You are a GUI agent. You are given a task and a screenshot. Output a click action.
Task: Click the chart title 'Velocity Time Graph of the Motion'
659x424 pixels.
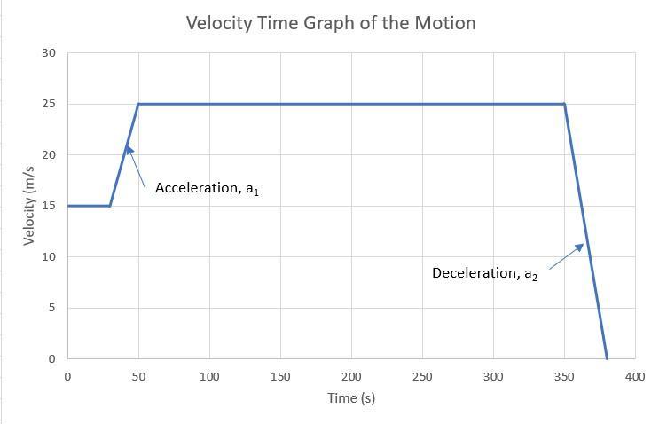[331, 23]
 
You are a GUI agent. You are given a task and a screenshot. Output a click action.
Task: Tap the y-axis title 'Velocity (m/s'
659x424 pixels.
[29, 207]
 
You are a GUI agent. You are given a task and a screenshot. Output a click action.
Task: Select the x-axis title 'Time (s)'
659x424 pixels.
[351, 397]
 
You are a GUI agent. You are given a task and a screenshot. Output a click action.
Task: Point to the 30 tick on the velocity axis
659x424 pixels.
[49, 53]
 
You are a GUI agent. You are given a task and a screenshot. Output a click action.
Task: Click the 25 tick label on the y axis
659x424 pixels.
[49, 104]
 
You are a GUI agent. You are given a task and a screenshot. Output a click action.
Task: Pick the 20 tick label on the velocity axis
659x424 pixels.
[49, 155]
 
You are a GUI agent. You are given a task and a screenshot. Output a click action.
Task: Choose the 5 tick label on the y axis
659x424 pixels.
[51, 308]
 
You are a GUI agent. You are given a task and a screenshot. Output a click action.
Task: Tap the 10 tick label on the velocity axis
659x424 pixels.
[49, 257]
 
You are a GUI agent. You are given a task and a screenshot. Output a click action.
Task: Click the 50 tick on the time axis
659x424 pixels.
[138, 376]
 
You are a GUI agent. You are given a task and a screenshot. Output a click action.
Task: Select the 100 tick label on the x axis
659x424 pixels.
[209, 376]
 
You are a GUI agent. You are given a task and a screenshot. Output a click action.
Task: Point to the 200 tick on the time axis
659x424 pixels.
[351, 376]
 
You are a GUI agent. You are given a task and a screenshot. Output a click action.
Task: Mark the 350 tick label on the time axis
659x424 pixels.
[564, 376]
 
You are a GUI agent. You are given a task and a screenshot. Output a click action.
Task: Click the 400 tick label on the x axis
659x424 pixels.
[635, 376]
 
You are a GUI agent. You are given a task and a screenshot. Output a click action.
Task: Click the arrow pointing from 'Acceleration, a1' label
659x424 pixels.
[136, 166]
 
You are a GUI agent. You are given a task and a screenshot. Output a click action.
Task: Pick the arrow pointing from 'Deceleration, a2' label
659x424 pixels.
[566, 255]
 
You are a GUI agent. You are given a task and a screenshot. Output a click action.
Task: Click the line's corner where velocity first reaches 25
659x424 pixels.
[138, 104]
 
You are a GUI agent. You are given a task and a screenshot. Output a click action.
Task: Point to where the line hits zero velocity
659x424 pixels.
[607, 358]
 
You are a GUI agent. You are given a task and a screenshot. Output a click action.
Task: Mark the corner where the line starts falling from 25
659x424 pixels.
[564, 104]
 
